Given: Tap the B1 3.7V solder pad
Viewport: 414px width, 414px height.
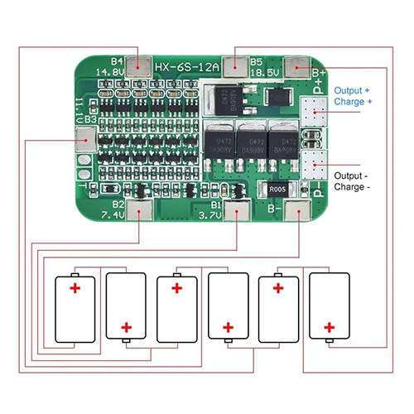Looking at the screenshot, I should click(x=238, y=212).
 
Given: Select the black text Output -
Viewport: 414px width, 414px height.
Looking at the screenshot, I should click(x=352, y=176).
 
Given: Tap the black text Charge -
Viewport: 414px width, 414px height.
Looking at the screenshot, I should click(x=352, y=187).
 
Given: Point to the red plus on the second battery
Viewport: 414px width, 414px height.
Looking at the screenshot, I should click(x=127, y=327).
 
